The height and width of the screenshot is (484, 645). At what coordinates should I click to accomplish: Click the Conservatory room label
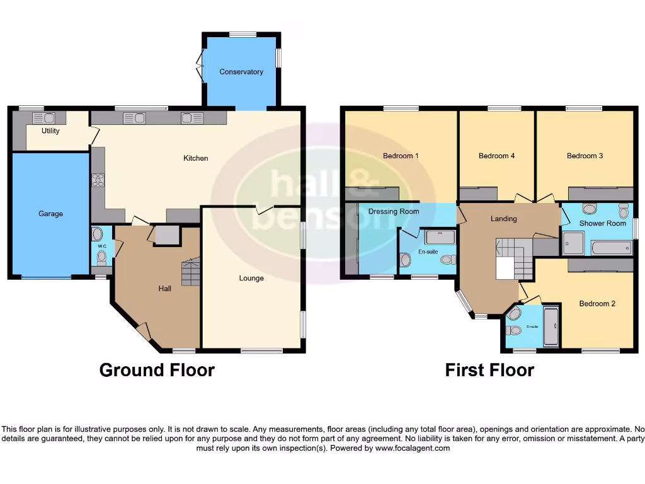tap(241, 72)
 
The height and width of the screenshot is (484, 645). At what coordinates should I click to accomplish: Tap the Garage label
tap(50, 214)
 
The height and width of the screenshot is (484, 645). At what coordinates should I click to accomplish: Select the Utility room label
tap(50, 131)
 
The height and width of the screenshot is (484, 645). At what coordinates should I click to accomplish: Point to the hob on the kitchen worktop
tap(98, 180)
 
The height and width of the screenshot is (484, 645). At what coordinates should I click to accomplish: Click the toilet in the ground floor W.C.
tap(101, 256)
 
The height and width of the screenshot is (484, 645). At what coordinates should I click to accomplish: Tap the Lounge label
tap(251, 278)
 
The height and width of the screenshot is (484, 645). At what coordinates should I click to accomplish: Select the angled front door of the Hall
tap(144, 331)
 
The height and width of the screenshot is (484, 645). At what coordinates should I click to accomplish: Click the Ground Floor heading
tap(157, 370)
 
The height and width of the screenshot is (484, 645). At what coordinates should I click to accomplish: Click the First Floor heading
tap(489, 370)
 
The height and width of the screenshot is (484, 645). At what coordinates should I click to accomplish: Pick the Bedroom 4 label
tap(496, 156)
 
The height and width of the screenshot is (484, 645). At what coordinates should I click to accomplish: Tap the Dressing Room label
tap(394, 212)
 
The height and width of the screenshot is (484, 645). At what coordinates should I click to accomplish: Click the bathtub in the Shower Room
tap(611, 248)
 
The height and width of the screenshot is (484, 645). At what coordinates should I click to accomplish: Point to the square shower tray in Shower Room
tap(573, 243)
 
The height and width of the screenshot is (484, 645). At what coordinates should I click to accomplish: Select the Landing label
tap(503, 219)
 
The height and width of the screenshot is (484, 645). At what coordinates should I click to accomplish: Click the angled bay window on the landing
tap(464, 301)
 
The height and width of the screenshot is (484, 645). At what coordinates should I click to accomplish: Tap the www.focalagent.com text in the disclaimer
tap(413, 449)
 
